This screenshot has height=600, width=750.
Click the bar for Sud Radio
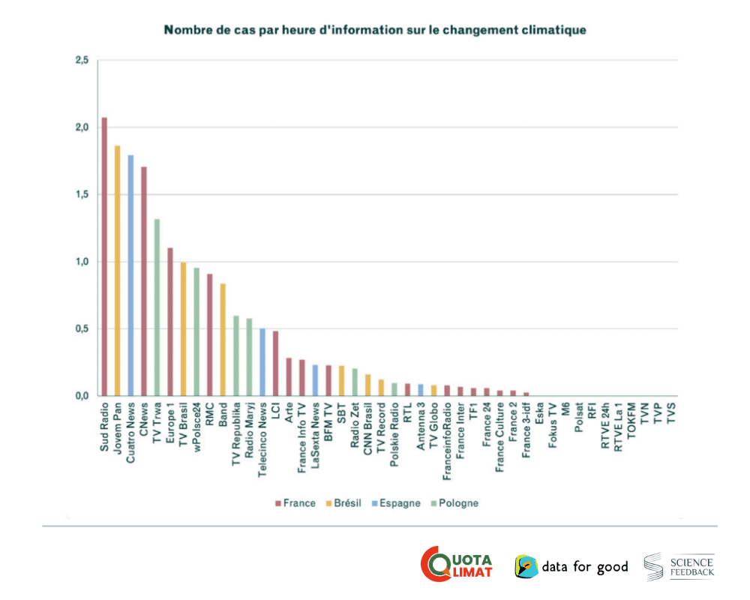[104, 256]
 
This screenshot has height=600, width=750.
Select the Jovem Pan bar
[118, 271]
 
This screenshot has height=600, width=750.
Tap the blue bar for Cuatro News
[130, 275]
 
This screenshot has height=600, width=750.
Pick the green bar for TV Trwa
[157, 307]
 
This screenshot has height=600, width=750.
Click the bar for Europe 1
[170, 322]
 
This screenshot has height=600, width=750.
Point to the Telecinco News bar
[262, 361]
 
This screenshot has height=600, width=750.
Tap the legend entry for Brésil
[345, 503]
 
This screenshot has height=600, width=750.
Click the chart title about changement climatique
[375, 30]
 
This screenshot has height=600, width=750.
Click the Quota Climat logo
[457, 565]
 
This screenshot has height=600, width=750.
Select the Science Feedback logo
[679, 566]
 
